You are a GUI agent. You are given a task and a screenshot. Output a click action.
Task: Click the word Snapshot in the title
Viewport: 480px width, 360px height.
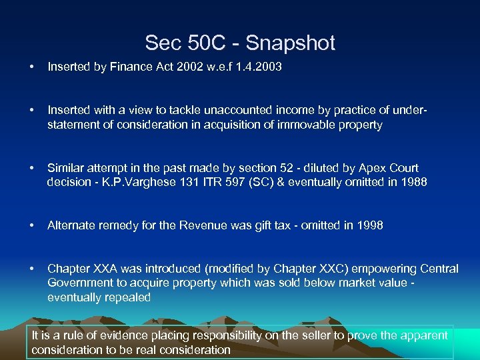click(x=291, y=43)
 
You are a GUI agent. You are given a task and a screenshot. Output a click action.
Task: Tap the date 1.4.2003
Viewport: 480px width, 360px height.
click(x=257, y=67)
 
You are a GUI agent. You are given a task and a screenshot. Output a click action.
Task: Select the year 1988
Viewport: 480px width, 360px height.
click(x=413, y=183)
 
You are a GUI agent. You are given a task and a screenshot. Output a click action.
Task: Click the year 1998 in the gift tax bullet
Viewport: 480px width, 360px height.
click(x=370, y=225)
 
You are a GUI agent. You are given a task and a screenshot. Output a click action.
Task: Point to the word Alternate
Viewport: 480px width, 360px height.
click(x=71, y=225)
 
